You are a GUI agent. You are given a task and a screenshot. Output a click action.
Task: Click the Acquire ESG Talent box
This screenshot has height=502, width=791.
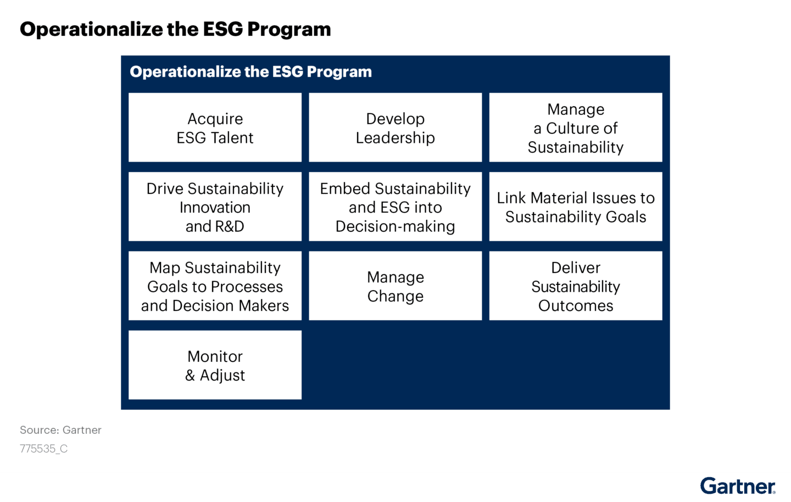click(x=215, y=127)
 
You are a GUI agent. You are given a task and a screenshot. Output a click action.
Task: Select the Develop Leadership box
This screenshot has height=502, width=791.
click(x=395, y=127)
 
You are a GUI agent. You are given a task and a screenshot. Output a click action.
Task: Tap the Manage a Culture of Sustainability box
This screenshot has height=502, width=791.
click(x=575, y=127)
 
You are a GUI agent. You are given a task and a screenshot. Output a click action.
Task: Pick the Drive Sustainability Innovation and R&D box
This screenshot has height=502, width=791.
click(x=215, y=207)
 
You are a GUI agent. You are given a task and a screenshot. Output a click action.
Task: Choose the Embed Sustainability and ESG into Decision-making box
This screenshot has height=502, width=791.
click(x=395, y=207)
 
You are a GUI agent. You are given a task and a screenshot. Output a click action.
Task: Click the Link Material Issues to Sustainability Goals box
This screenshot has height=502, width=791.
click(x=575, y=207)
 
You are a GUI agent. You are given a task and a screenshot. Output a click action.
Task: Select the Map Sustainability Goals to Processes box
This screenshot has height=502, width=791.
click(x=215, y=286)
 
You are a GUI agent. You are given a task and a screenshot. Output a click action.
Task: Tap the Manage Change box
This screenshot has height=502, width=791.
click(x=395, y=286)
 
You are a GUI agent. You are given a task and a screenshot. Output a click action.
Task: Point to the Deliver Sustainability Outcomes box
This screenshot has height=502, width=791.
click(x=575, y=286)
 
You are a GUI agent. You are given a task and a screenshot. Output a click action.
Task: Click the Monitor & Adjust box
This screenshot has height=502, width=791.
click(x=215, y=365)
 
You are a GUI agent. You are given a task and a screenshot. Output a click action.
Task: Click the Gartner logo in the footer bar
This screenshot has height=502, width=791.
click(x=738, y=487)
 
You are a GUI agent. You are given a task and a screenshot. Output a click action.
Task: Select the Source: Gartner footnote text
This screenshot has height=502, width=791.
click(x=60, y=430)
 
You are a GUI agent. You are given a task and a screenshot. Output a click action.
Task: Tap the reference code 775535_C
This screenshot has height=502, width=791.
click(x=43, y=449)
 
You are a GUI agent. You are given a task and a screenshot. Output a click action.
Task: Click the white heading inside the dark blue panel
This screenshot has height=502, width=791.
click(x=250, y=72)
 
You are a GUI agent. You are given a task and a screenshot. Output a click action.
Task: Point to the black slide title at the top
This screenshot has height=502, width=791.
click(x=175, y=29)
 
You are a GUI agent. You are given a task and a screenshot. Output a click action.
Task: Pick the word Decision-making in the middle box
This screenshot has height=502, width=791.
click(x=395, y=226)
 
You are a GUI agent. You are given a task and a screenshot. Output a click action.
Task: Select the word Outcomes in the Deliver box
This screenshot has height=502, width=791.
click(x=575, y=305)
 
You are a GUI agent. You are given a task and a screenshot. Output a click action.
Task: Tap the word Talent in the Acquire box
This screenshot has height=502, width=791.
click(x=231, y=138)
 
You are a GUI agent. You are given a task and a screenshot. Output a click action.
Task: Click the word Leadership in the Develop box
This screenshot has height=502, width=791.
click(x=395, y=138)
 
